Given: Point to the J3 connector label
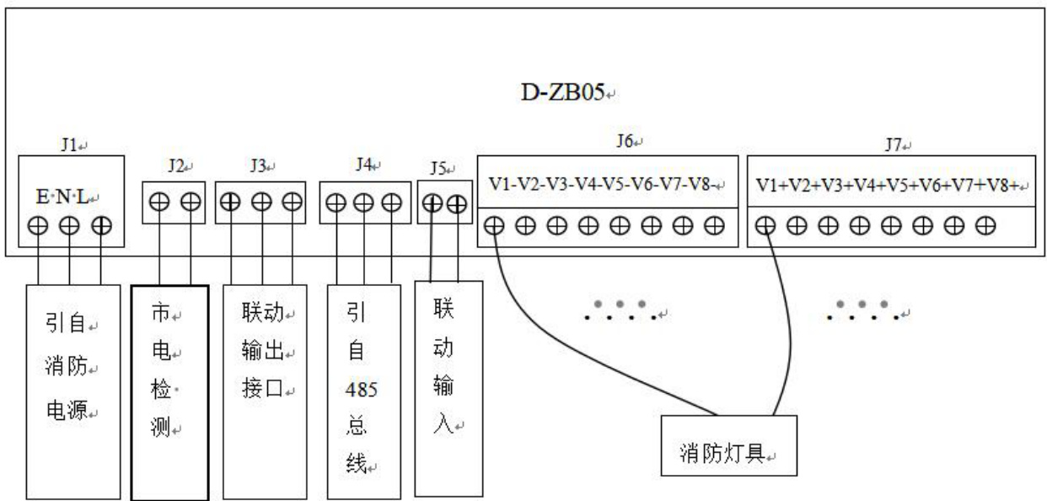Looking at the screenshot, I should pos(258,166).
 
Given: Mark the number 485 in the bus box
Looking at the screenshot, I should pos(362,390).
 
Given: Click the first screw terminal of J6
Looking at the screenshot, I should pos(496,226).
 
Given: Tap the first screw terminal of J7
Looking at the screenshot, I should pos(766,226).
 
